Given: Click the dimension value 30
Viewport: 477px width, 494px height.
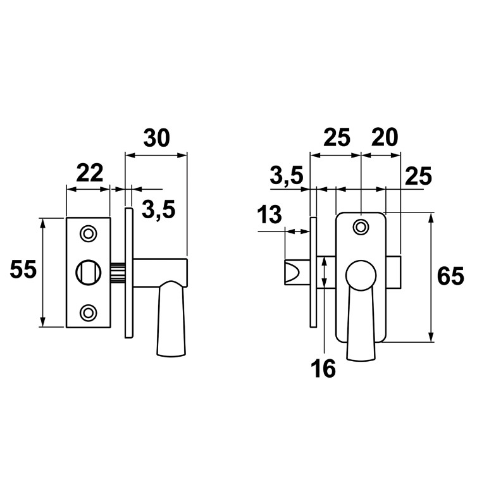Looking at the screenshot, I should click(x=156, y=138).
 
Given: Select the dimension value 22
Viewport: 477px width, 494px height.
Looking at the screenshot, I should click(x=90, y=173).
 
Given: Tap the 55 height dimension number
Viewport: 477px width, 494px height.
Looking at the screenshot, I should click(x=23, y=271).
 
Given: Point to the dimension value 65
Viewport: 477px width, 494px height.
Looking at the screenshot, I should click(x=450, y=276).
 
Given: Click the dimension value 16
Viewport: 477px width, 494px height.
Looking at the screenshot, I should click(x=324, y=368).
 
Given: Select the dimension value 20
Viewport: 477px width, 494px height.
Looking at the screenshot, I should click(x=385, y=138).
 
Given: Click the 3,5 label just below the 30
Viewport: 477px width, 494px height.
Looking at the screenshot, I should click(x=158, y=210).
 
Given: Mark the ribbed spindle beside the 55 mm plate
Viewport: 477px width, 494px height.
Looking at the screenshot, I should click(x=118, y=273).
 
